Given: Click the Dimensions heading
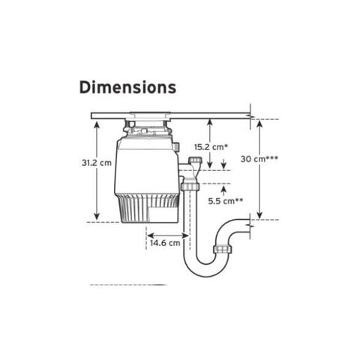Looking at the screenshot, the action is pyautogui.click(x=127, y=88).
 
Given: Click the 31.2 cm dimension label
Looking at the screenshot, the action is pyautogui.click(x=97, y=163).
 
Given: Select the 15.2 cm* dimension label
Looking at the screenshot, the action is pyautogui.click(x=211, y=147).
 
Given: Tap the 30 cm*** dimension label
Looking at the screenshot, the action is pyautogui.click(x=259, y=159).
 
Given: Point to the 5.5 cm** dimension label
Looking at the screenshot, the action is pyautogui.click(x=226, y=201).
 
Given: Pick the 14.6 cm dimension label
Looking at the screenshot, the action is pyautogui.click(x=165, y=243).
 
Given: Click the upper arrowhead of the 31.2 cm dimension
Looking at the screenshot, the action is pyautogui.click(x=97, y=124).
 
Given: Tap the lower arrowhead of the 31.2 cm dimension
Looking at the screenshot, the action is pyautogui.click(x=97, y=216).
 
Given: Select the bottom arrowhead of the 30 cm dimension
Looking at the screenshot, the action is pyautogui.click(x=259, y=215).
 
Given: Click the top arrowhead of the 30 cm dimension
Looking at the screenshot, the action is pyautogui.click(x=259, y=124).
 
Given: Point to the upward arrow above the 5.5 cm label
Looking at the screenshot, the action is pyautogui.click(x=223, y=191).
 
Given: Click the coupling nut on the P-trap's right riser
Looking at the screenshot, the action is pyautogui.click(x=222, y=249).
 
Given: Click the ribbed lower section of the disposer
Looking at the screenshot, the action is pyautogui.click(x=147, y=208).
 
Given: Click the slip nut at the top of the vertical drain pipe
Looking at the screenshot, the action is pyautogui.click(x=190, y=186).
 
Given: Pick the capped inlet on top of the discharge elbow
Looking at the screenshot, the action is pyautogui.click(x=195, y=160).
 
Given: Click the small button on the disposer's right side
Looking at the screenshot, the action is pyautogui.click(x=177, y=147).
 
